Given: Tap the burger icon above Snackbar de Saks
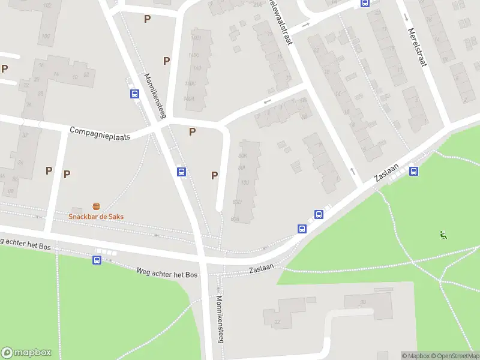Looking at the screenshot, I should (96, 206).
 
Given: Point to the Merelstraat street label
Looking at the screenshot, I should (416, 47).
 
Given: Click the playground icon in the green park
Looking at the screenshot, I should (444, 235).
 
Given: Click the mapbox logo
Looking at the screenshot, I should (26, 353).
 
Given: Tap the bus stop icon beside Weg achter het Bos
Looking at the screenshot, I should (97, 260).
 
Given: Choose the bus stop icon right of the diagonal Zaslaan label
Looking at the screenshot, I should (413, 172).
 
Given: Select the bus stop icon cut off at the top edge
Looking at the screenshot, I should (364, 3).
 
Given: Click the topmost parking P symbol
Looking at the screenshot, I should (147, 19).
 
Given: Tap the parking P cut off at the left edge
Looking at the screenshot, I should (4, 68).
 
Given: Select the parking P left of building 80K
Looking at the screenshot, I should (214, 175).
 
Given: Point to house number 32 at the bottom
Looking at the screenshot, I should (278, 322).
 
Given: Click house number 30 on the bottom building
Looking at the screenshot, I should (363, 302).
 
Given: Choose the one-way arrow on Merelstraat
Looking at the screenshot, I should (406, 17).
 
